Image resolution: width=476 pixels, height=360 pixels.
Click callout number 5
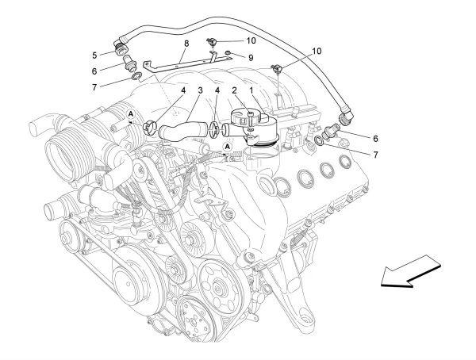click(94, 56)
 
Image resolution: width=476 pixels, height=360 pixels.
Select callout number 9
click(250, 57)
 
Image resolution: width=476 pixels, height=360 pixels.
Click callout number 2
click(234, 90)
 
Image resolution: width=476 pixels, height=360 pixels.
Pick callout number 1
click(251, 90)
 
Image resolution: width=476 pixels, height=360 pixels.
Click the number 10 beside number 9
click(251, 40)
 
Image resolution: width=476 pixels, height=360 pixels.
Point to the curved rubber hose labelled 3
click(184, 126)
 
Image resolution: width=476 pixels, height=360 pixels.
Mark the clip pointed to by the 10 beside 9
click(213, 41)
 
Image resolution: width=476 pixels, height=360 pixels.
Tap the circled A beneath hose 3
click(228, 147)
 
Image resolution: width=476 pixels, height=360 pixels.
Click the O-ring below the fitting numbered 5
click(136, 77)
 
